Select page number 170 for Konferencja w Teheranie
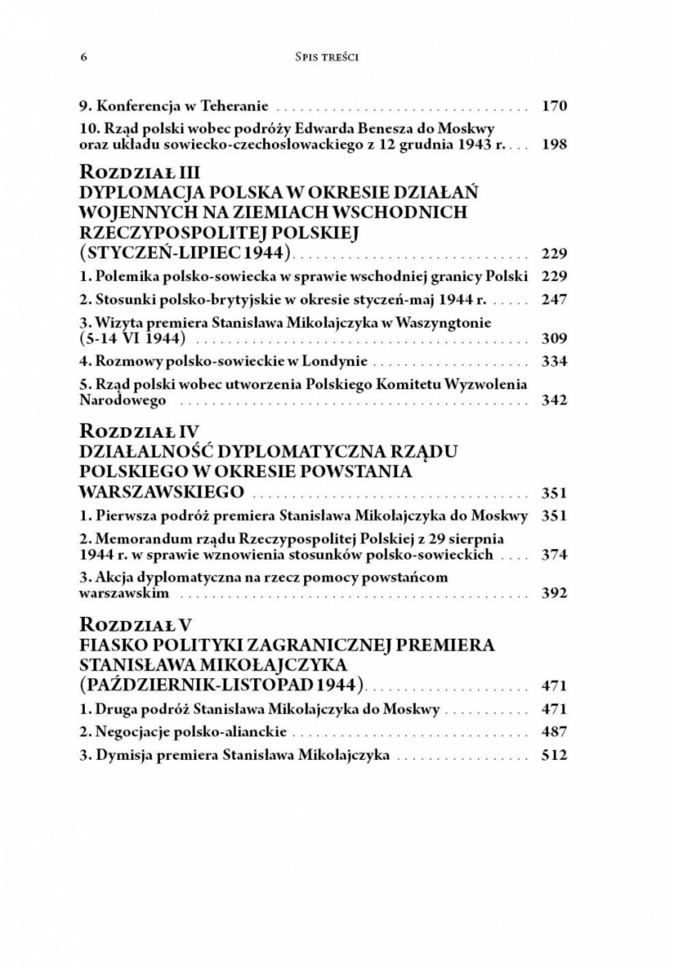pyautogui.click(x=555, y=106)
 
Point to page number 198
pyautogui.click(x=555, y=144)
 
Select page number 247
pyautogui.click(x=555, y=300)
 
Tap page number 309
pyautogui.click(x=555, y=338)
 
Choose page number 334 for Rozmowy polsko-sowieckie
pyautogui.click(x=555, y=361)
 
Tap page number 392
pyautogui.click(x=555, y=593)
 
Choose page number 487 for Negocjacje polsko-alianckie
pyautogui.click(x=555, y=732)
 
